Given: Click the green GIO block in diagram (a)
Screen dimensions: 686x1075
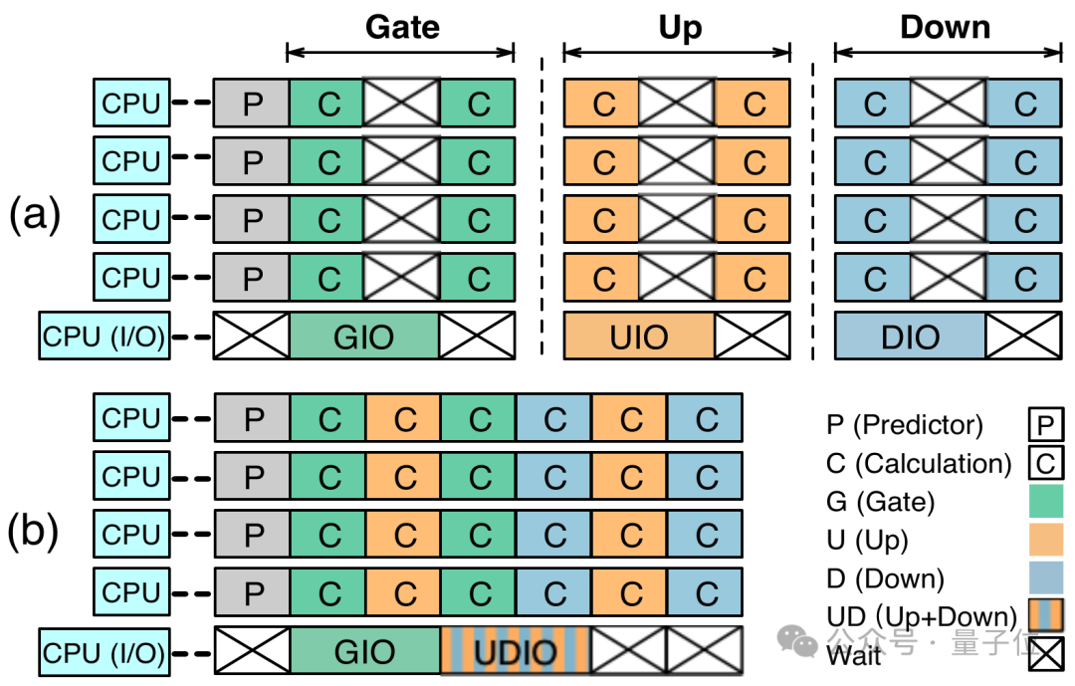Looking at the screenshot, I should [x=364, y=337].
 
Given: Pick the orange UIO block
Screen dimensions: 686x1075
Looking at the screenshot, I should [x=639, y=337].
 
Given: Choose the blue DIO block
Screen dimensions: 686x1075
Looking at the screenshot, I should [x=910, y=337].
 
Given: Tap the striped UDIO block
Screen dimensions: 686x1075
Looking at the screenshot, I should [x=516, y=653].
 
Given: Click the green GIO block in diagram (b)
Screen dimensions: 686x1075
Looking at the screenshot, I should [x=364, y=653].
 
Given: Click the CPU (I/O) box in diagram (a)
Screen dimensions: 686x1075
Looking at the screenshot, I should [x=103, y=337].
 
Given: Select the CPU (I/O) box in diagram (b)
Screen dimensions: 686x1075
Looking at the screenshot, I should [x=103, y=653].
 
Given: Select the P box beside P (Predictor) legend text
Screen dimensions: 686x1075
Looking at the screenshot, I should [x=1044, y=426].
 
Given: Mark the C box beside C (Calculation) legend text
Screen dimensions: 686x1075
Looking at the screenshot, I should [x=1044, y=464].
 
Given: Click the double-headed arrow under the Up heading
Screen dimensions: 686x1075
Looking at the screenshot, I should [x=677, y=52].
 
